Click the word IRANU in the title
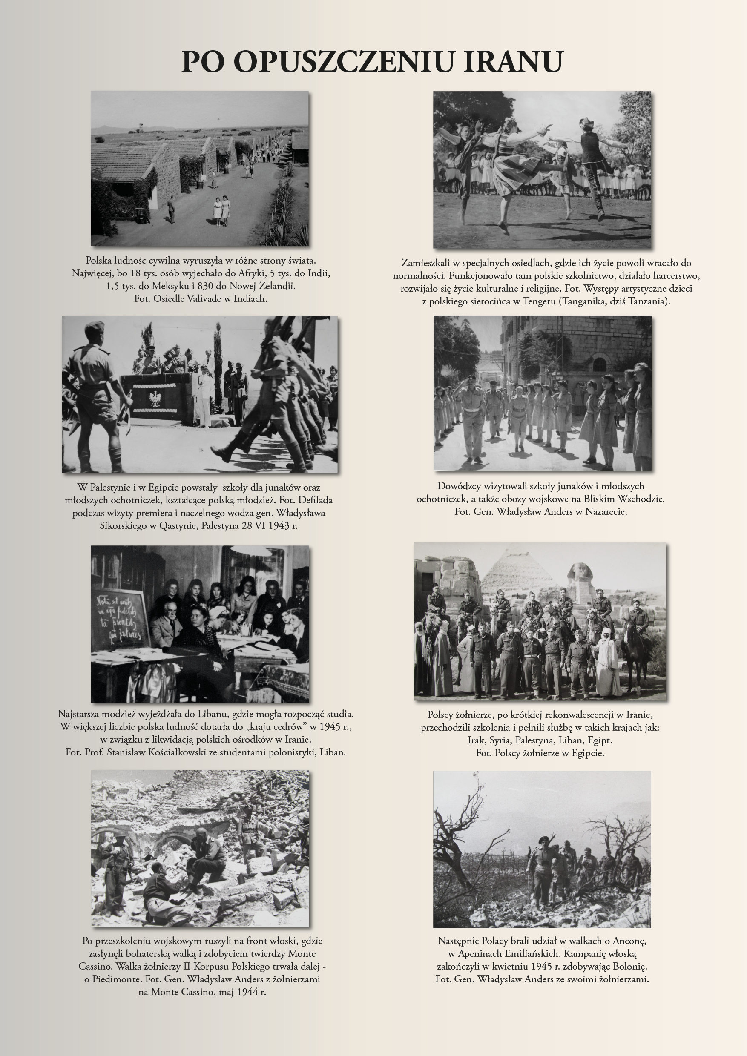[513, 61]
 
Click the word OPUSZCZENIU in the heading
[343, 61]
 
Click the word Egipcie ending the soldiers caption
[587, 753]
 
